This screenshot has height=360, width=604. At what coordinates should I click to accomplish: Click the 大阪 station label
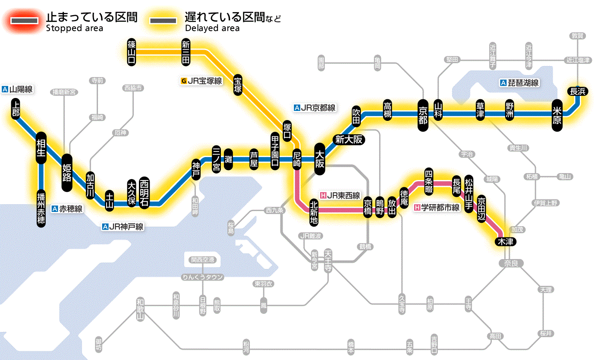point(320,159)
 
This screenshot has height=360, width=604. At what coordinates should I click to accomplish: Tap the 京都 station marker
point(423,114)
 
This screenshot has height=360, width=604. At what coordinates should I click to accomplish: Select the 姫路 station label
point(67,173)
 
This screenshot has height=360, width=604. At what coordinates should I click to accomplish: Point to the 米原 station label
point(557,115)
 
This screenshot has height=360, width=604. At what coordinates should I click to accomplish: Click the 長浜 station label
point(577,91)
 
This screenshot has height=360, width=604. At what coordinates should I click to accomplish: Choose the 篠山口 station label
point(132,52)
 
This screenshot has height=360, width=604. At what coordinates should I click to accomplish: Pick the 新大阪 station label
point(349,139)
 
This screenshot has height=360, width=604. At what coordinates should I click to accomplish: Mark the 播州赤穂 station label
point(41,208)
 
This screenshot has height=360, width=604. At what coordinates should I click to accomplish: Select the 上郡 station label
point(16,108)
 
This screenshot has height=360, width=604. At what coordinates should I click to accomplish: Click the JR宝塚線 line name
point(201,80)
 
